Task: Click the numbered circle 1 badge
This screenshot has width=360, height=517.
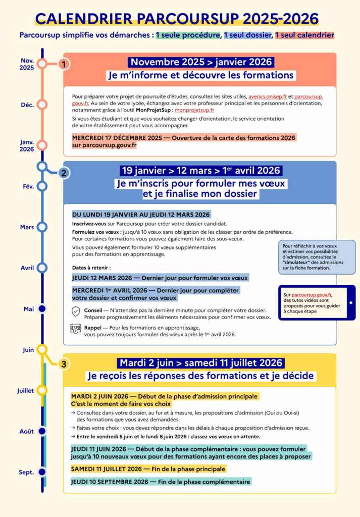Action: click(x=64, y=64)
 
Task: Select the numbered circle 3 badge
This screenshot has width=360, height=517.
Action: click(x=63, y=364)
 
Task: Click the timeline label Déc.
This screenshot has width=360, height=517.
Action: click(x=27, y=105)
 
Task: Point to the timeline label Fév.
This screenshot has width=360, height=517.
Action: click(x=28, y=186)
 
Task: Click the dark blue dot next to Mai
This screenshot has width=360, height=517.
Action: click(x=42, y=308)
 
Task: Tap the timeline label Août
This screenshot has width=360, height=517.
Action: click(x=27, y=431)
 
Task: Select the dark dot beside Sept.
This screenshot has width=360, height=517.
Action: click(x=42, y=472)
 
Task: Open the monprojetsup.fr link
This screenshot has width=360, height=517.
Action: click(x=194, y=110)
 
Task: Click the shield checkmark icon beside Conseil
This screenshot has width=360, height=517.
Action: click(x=76, y=312)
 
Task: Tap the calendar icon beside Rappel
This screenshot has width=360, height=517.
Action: click(x=76, y=329)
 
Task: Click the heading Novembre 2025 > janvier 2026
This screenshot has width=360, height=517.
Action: click(x=200, y=62)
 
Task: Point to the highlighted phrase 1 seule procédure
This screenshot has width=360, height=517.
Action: click(x=188, y=35)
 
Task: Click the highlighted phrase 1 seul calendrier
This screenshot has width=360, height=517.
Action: click(x=304, y=35)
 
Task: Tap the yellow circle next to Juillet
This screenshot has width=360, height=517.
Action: click(x=42, y=390)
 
